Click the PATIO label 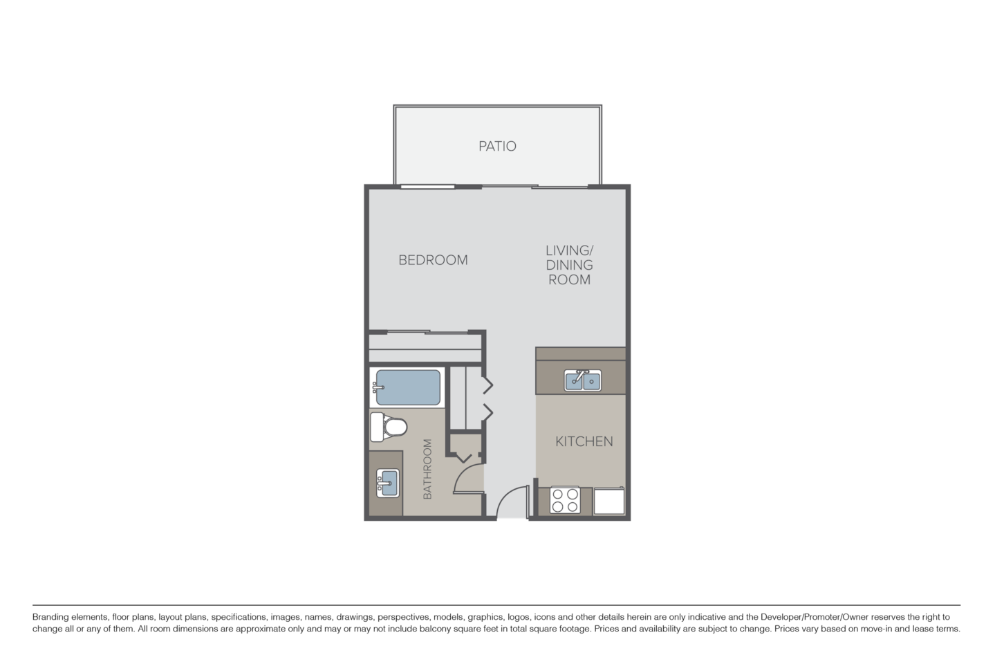click(x=497, y=147)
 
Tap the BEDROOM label click(x=433, y=260)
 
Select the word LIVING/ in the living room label click(x=570, y=250)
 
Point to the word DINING click(x=570, y=265)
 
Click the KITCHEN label click(x=584, y=441)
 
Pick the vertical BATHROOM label click(x=427, y=469)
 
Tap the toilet click(x=387, y=426)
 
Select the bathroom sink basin click(x=387, y=479)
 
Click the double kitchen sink click(x=583, y=380)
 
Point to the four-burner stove click(x=565, y=500)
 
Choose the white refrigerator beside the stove click(x=609, y=501)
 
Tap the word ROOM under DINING click(x=570, y=280)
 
